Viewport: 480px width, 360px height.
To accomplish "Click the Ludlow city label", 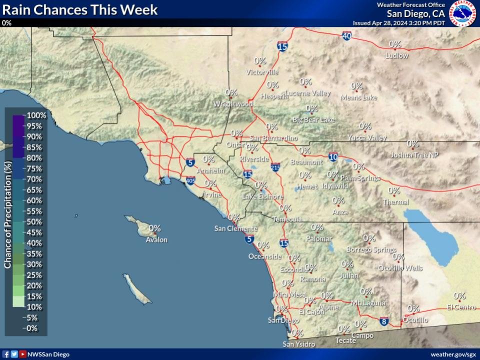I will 396,55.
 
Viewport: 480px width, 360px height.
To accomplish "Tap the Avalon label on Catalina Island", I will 156,240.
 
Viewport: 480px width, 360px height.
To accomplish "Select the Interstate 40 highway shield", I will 347,36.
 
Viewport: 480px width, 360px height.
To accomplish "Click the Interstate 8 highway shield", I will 384,321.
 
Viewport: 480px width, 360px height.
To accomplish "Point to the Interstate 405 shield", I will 190,180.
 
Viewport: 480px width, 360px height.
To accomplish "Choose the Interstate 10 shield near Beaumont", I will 333,157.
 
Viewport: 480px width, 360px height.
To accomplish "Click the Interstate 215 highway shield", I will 275,167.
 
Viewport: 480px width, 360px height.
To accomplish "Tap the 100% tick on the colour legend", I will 36,115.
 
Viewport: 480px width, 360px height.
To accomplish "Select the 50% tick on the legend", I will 34,222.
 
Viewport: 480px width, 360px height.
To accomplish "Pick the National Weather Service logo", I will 462,14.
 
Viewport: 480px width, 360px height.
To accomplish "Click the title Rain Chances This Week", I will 80,9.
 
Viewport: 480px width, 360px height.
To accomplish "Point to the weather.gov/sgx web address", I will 453,354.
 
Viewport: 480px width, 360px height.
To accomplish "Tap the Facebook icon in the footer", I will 6,354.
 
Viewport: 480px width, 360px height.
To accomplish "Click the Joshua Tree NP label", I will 414,155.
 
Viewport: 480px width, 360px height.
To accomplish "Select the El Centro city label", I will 461,307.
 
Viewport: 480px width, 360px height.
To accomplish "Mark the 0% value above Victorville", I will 260,61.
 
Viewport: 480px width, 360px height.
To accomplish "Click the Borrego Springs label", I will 371,249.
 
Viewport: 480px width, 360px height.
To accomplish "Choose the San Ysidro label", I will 299,344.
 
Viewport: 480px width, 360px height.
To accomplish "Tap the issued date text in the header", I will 398,23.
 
